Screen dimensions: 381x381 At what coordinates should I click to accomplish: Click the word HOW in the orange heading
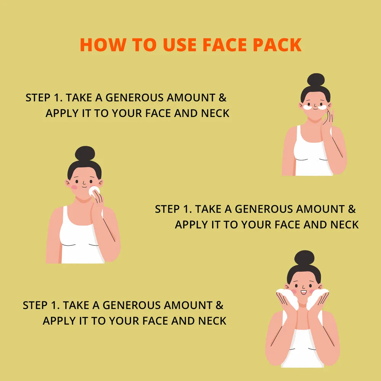103,45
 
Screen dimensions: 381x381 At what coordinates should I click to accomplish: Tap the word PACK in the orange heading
277,45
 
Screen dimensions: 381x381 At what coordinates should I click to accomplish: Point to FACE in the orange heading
225,45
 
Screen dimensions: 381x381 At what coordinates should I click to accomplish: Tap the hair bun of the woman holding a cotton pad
85,153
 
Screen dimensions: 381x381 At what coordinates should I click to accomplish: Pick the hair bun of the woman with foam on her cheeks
304,258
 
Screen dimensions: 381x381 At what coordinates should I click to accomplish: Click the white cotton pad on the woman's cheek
94,191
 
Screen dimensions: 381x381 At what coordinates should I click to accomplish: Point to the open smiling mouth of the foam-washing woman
304,292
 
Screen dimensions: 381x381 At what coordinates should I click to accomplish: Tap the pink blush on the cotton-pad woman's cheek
74,187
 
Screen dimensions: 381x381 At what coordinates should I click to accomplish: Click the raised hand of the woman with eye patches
327,119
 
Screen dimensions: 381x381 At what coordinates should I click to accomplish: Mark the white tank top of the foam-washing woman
303,347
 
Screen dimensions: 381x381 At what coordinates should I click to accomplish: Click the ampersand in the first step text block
223,98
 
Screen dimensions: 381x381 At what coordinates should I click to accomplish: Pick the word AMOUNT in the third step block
188,305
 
